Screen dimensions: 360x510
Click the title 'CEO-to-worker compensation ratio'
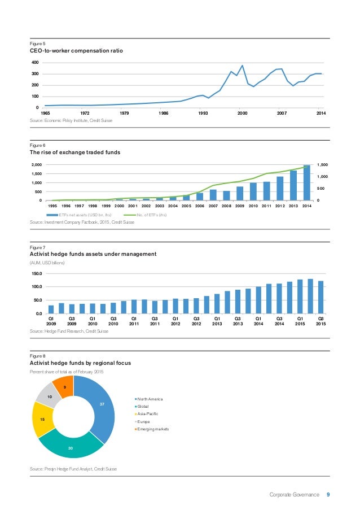click(x=76, y=51)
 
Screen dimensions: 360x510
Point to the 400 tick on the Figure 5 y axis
click(x=35, y=63)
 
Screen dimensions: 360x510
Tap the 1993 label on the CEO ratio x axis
click(x=203, y=113)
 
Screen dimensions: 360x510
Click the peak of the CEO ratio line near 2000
click(x=242, y=66)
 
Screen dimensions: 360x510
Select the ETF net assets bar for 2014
click(x=307, y=182)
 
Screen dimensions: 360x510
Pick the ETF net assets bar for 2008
click(x=226, y=195)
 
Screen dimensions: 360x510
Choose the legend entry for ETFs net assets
click(x=79, y=215)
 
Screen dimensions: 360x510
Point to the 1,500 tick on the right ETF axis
click(x=322, y=165)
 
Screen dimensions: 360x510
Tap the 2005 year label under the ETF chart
click(x=186, y=206)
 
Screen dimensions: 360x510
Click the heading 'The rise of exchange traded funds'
click(x=75, y=152)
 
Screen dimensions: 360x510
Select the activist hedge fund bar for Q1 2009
click(x=51, y=310)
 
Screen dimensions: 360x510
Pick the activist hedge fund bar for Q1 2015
click(x=300, y=297)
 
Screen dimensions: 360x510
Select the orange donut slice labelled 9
click(x=64, y=386)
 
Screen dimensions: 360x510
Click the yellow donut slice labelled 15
click(x=42, y=420)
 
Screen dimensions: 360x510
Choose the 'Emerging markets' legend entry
click(x=152, y=429)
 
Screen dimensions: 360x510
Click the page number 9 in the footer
click(x=328, y=494)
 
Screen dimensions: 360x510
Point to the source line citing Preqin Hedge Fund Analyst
click(x=73, y=469)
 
